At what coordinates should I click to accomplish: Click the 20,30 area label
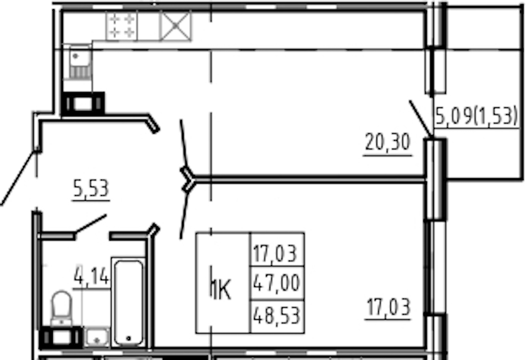387,142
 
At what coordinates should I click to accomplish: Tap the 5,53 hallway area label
91,188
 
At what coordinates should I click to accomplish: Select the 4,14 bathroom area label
92,275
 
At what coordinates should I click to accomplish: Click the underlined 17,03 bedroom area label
388,307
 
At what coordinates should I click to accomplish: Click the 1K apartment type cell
223,283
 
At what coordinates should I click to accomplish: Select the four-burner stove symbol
121,25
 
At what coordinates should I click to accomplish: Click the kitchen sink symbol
80,62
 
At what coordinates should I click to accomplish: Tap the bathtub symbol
128,302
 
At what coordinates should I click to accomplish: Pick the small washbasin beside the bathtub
97,337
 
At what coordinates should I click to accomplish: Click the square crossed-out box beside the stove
176,25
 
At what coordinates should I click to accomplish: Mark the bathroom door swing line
91,224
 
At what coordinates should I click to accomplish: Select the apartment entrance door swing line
18,178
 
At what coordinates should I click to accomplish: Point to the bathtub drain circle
128,338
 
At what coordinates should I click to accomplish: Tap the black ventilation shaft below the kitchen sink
83,104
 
